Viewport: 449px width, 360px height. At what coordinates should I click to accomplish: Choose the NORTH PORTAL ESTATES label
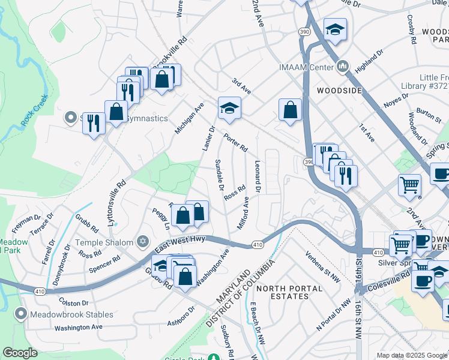(285, 289)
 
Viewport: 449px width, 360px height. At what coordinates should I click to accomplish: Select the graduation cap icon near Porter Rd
(229, 108)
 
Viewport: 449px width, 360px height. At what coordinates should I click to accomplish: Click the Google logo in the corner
(20, 353)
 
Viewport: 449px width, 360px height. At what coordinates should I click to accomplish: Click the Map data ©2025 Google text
(411, 355)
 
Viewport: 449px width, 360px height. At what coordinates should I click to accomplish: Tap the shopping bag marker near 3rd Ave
(290, 110)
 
